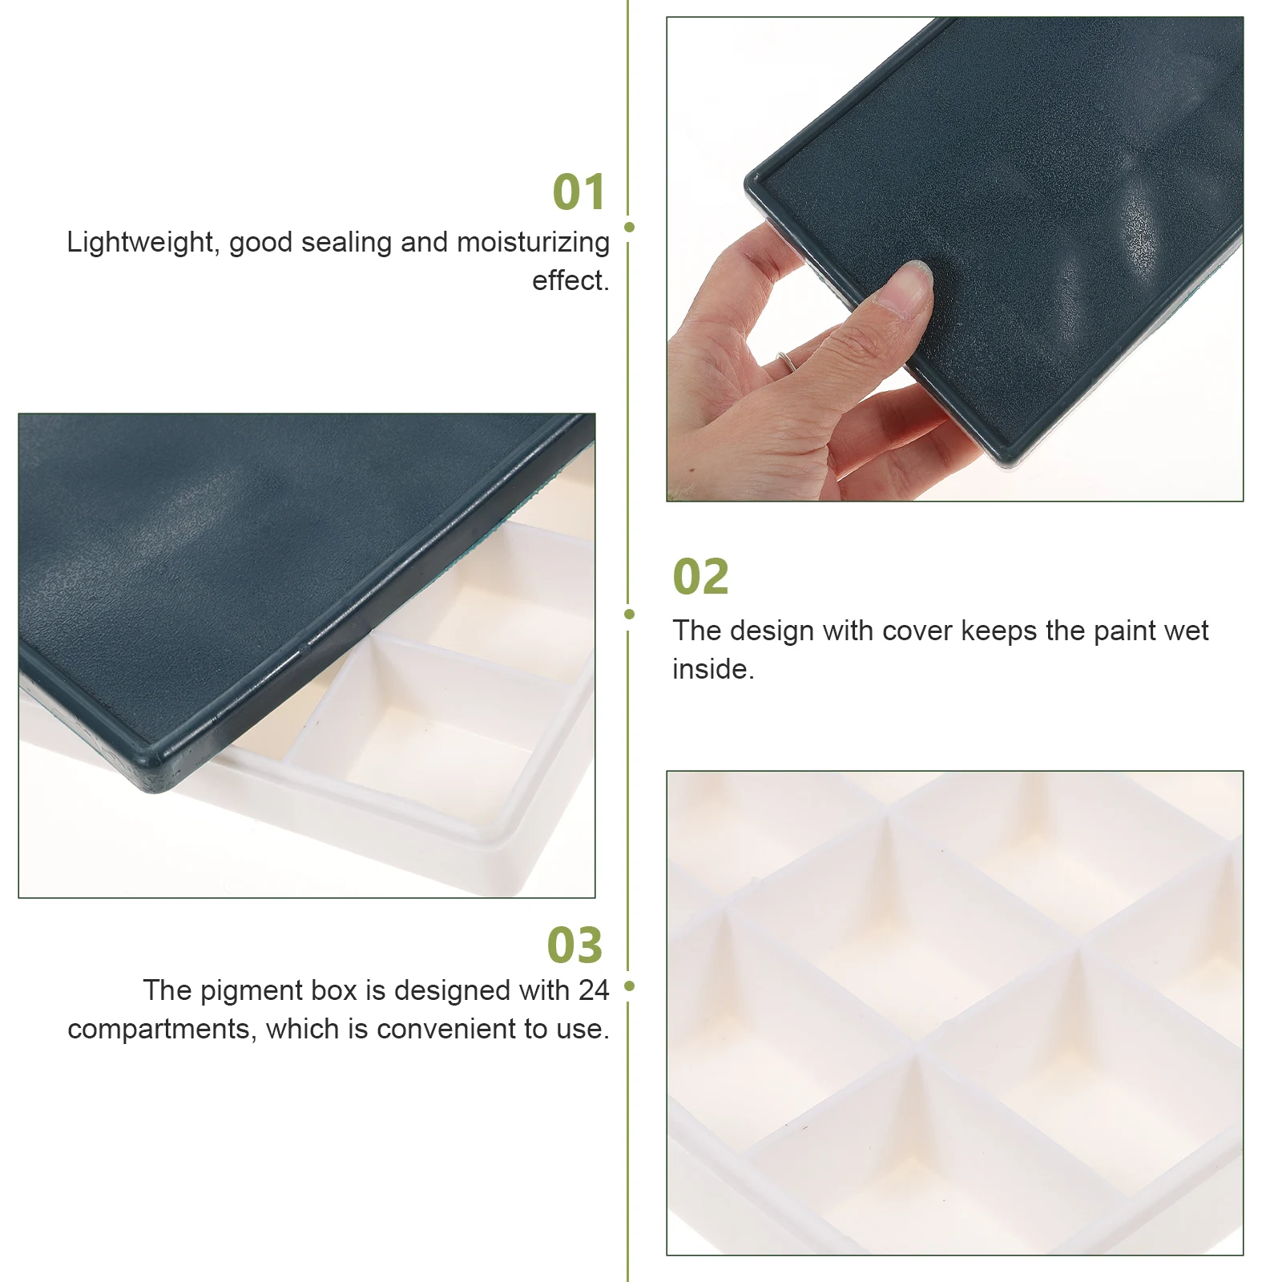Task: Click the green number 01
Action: pyautogui.click(x=579, y=193)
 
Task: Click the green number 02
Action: pyautogui.click(x=700, y=577)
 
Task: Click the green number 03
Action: pyautogui.click(x=574, y=945)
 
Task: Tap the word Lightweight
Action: pyautogui.click(x=140, y=243)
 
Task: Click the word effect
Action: pyautogui.click(x=570, y=281)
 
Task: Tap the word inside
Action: pyautogui.click(x=712, y=670)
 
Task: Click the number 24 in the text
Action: pyautogui.click(x=594, y=991)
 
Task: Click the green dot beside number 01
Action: pyautogui.click(x=629, y=228)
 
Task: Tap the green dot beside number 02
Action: pyautogui.click(x=629, y=615)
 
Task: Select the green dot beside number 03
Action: pyautogui.click(x=629, y=986)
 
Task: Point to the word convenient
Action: pyautogui.click(x=452, y=1030)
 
